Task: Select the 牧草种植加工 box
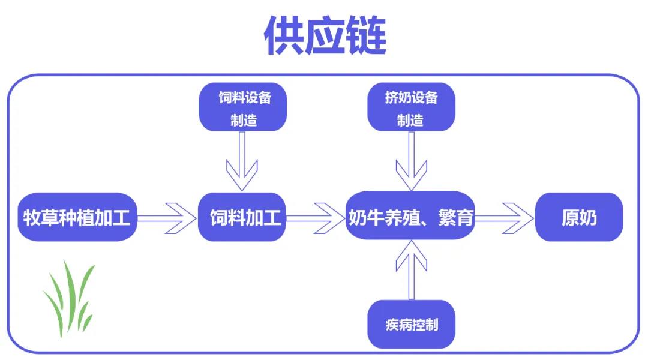tap(77, 217)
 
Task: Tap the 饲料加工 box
tap(242, 217)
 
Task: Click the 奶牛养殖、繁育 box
tap(411, 217)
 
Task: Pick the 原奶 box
tap(579, 217)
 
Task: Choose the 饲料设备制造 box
tap(243, 108)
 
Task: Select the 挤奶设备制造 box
tap(411, 108)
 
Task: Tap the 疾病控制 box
tap(411, 325)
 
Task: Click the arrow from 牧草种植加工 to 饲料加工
tap(168, 217)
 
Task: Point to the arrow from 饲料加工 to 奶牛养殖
tap(315, 217)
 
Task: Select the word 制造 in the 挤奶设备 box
tap(410, 120)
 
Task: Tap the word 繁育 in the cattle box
tap(457, 217)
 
